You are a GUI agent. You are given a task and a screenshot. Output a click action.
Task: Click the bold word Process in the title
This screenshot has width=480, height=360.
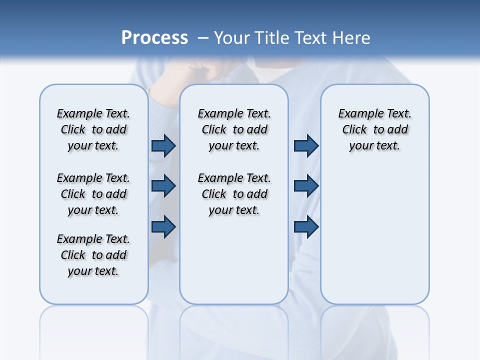coord(154,37)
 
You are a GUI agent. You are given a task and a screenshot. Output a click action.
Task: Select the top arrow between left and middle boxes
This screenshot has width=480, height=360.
coord(163,146)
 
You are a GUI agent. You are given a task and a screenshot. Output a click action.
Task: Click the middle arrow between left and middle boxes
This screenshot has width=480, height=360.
coord(163,186)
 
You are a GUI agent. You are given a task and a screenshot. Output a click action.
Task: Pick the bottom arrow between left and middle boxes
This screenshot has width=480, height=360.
coord(163,226)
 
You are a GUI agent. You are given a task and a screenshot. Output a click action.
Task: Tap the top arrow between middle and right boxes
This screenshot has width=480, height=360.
coord(306,146)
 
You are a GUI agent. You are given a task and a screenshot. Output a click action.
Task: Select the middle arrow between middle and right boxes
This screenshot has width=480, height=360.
coord(306,186)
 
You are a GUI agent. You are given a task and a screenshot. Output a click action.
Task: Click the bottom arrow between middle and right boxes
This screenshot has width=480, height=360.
coord(306,226)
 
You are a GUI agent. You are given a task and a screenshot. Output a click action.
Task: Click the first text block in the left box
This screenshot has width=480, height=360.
coord(93,129)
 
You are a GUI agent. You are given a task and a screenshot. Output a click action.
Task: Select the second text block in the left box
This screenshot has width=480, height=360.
coord(93,194)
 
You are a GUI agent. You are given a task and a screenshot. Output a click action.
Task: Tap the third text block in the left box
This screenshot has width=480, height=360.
coord(93,255)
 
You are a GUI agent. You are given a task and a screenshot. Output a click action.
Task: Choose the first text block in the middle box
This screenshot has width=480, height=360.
coord(234,129)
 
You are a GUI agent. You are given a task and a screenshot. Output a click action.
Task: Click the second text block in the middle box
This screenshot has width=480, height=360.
coord(234,194)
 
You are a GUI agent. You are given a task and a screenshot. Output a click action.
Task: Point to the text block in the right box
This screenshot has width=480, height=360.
coord(374,129)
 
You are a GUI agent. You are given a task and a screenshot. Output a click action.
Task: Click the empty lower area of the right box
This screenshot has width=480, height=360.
coord(374,240)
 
